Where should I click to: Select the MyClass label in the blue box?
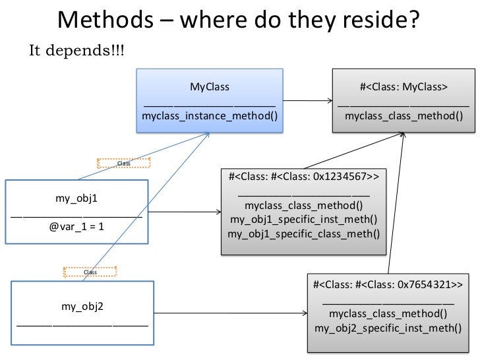pyautogui.click(x=210, y=86)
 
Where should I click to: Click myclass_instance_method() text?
pyautogui.click(x=210, y=116)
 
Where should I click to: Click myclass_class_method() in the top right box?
pyautogui.click(x=404, y=116)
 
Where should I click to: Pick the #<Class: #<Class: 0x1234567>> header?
pyautogui.click(x=303, y=177)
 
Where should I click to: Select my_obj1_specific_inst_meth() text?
pyautogui.click(x=303, y=220)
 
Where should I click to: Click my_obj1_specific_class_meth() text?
pyautogui.click(x=303, y=233)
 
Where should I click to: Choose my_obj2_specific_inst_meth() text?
pyautogui.click(x=388, y=328)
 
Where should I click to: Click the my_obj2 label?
pyautogui.click(x=82, y=306)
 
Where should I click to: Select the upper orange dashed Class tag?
pyautogui.click(x=123, y=163)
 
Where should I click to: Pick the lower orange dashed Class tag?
pyautogui.click(x=90, y=272)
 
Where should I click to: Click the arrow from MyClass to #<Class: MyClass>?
pyautogui.click(x=307, y=101)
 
